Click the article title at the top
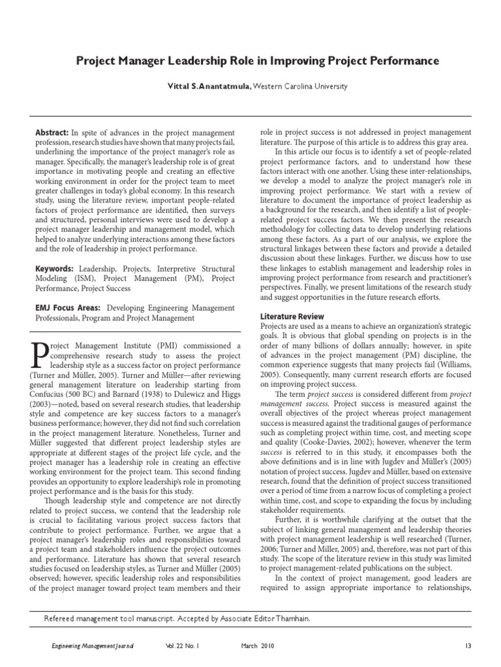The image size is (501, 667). [258, 61]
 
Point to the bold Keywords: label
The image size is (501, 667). [55, 268]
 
